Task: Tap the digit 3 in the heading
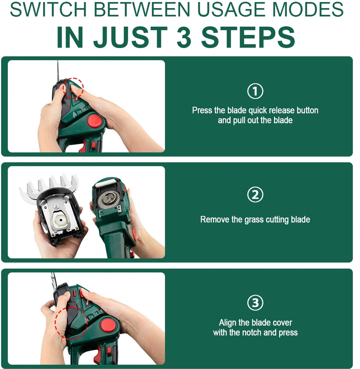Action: pos(184,37)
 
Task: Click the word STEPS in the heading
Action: pos(248,37)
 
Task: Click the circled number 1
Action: pos(255,91)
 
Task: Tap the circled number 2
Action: pos(255,195)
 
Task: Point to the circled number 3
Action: pos(255,303)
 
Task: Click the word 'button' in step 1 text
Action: pos(307,110)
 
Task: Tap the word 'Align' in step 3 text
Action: pos(228,323)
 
